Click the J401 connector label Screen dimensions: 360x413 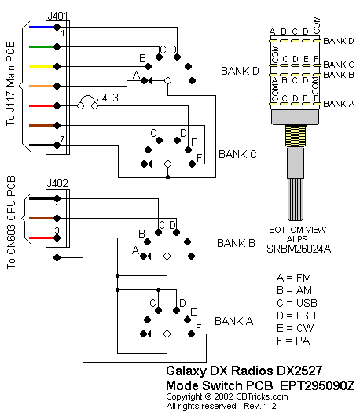click(57, 16)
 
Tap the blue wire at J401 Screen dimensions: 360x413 click(41, 27)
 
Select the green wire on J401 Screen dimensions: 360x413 click(41, 47)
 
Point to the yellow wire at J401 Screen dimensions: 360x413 click(41, 66)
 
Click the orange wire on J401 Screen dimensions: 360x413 click(41, 86)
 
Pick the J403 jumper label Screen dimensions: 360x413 click(108, 98)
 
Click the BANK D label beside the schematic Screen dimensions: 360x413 click(240, 71)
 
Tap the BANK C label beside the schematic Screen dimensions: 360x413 click(237, 154)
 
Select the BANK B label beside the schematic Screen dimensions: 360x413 click(236, 243)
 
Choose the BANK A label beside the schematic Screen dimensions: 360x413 click(234, 321)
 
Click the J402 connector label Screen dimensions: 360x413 click(57, 183)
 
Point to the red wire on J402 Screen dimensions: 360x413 click(41, 238)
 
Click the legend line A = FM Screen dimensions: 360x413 click(294, 278)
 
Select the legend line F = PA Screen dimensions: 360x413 click(293, 341)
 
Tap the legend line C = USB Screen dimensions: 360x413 click(297, 303)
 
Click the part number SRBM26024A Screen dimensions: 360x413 click(299, 249)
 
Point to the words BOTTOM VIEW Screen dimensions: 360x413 click(298, 230)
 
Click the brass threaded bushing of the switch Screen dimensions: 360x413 click(296, 136)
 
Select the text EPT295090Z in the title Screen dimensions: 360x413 click(317, 385)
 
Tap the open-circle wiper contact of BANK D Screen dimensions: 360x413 click(167, 80)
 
